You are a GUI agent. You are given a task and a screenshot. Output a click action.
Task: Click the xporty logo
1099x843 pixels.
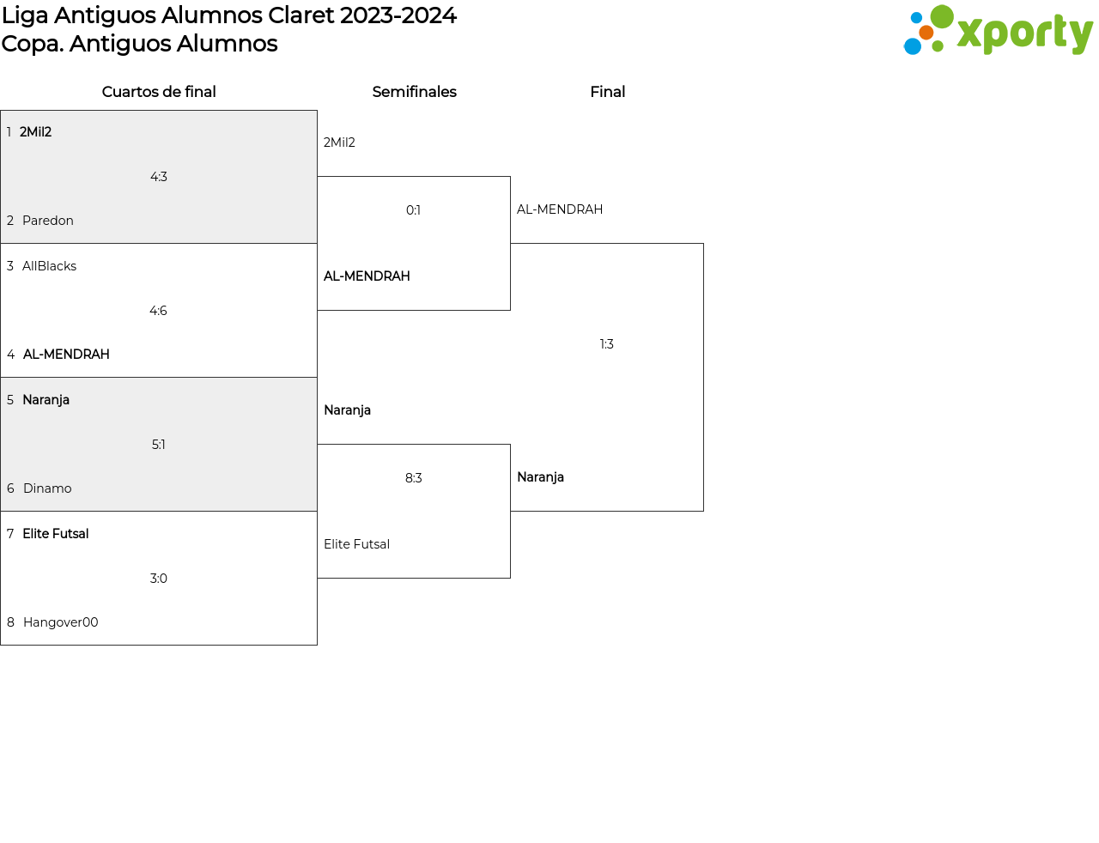click(999, 29)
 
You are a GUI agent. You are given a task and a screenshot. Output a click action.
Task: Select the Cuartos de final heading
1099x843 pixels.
click(159, 92)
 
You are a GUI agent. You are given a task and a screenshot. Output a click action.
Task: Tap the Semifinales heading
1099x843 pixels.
click(414, 92)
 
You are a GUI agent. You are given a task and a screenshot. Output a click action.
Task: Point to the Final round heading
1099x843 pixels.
click(607, 92)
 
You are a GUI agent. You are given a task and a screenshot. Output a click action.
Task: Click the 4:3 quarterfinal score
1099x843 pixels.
click(158, 177)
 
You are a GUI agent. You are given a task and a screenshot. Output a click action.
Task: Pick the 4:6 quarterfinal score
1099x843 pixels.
click(158, 311)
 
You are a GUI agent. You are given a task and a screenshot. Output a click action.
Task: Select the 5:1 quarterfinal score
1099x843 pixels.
click(158, 445)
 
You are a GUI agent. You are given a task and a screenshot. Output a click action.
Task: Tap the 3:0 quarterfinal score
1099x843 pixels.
click(158, 578)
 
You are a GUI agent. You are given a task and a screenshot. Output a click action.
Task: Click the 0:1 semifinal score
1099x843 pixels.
click(413, 209)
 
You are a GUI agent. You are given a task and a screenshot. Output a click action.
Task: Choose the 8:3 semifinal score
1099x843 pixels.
click(413, 478)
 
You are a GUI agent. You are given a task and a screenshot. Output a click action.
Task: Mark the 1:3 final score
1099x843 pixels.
click(606, 344)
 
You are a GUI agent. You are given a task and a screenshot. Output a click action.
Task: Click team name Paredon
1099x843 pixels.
click(48, 221)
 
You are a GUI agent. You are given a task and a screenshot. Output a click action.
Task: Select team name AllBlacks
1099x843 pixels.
click(49, 266)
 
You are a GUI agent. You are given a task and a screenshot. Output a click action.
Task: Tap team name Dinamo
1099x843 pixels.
click(47, 488)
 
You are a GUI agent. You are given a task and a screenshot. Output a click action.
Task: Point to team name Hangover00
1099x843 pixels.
click(61, 622)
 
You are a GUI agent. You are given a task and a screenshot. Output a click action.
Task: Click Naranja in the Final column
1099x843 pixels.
click(540, 477)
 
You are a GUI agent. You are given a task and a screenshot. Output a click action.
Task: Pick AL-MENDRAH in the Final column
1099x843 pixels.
click(559, 209)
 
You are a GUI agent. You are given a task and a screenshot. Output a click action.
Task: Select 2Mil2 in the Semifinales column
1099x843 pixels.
click(339, 143)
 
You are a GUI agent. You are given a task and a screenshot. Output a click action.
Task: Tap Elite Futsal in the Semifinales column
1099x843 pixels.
click(356, 544)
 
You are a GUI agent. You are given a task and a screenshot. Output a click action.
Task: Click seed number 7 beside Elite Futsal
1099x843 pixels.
click(10, 533)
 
